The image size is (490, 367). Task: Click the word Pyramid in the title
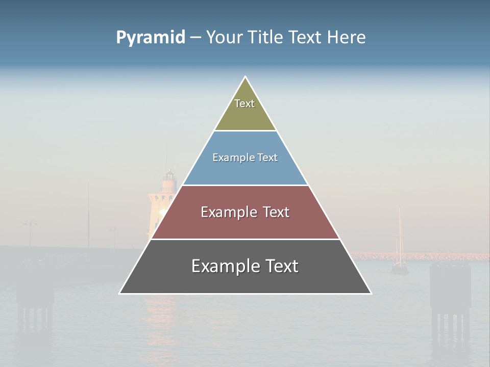[150, 37]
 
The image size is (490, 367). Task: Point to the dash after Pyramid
[195, 38]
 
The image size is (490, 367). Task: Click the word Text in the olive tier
[244, 103]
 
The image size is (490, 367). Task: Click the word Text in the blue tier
[267, 158]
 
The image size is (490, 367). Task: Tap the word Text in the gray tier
[282, 266]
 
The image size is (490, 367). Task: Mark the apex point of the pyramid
[246, 77]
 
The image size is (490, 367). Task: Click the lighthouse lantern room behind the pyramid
[169, 180]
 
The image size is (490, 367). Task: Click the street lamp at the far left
[30, 224]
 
